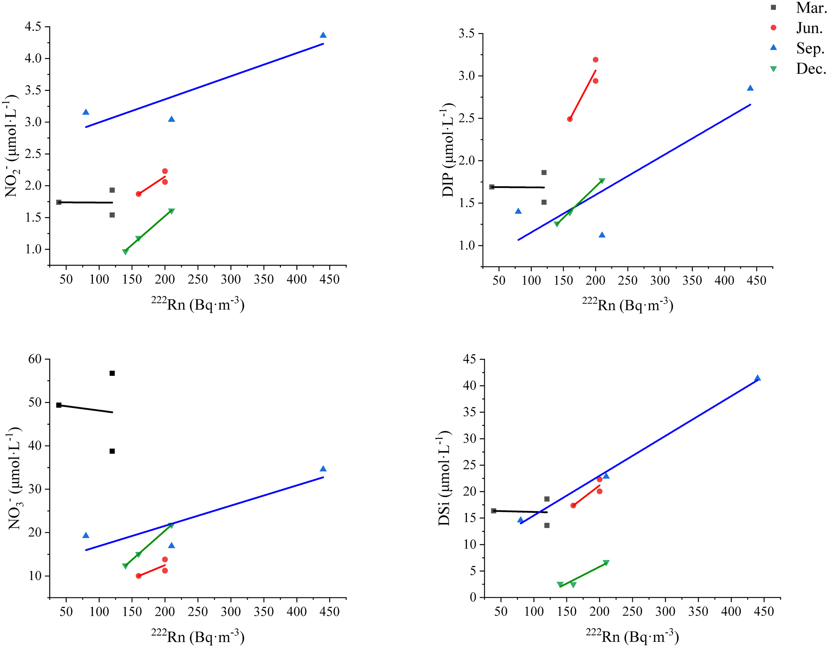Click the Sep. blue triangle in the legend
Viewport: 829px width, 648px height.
[x=773, y=47]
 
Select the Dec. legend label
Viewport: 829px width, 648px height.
[x=811, y=69]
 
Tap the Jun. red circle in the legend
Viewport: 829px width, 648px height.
[x=773, y=28]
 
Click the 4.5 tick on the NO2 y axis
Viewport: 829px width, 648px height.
[x=34, y=27]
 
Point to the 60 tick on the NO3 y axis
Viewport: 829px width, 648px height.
[x=34, y=359]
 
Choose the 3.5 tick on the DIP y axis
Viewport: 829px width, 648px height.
[x=467, y=33]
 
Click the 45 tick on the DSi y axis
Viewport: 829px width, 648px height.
[x=469, y=359]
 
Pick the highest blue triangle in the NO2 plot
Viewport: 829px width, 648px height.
[x=323, y=35]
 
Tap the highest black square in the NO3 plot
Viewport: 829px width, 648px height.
[x=112, y=373]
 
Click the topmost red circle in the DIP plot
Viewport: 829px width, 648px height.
[x=596, y=60]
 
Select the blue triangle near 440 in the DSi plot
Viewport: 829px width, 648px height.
[x=757, y=378]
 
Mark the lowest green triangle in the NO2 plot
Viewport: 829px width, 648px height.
[x=125, y=252]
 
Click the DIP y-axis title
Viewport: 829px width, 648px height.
[x=448, y=150]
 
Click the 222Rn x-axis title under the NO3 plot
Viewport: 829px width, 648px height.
[x=197, y=636]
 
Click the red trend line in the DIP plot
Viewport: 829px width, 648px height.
[x=583, y=95]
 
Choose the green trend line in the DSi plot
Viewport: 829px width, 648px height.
[x=583, y=575]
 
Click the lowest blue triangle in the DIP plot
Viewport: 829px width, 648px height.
[x=602, y=235]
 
